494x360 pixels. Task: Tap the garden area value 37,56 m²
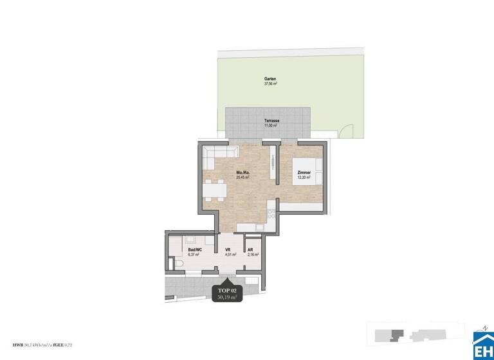[270, 84]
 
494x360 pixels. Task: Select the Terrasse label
[271, 121]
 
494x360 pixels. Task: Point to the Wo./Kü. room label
[242, 172]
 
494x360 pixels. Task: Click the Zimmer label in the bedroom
[304, 173]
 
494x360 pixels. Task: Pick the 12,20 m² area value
[304, 178]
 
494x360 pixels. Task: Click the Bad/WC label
[194, 249]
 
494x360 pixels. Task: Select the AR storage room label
[251, 249]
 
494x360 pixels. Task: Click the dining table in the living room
[214, 190]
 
